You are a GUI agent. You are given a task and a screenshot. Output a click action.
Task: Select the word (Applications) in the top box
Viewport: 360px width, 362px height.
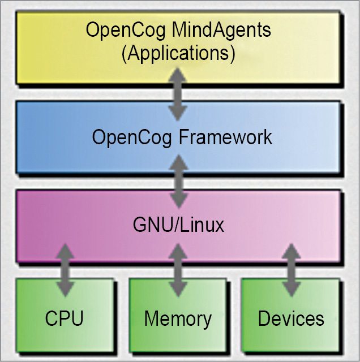pos(178,54)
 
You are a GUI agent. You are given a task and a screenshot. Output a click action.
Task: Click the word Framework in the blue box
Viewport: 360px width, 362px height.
pos(225,137)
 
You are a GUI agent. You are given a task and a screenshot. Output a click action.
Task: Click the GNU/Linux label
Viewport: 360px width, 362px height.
pos(178,225)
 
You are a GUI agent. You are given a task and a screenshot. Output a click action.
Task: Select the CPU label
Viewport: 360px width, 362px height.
pos(64,318)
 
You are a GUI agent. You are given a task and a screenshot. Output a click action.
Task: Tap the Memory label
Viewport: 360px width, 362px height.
pos(178,318)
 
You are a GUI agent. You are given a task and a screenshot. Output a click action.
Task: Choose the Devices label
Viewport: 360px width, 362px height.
pos(291,318)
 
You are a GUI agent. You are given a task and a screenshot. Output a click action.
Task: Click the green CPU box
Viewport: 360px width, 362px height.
pos(34,339)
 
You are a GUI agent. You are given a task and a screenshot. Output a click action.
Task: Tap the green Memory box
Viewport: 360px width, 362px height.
pos(147,342)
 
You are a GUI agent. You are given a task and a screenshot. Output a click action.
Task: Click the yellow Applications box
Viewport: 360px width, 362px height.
pos(57,68)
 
